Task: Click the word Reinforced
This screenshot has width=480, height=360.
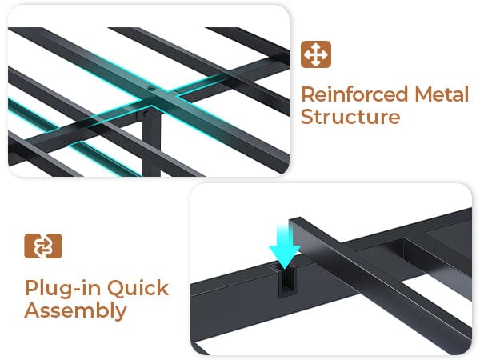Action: click(354, 94)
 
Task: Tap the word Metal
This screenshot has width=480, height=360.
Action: click(442, 94)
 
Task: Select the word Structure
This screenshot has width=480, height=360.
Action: click(350, 117)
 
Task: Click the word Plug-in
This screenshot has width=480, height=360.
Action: click(62, 289)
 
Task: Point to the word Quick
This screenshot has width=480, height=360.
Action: click(138, 288)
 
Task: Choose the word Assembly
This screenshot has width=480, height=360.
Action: click(76, 311)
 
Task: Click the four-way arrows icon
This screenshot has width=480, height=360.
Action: click(316, 54)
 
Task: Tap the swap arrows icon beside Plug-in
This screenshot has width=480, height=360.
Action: click(43, 246)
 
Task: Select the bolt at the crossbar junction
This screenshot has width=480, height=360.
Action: click(150, 89)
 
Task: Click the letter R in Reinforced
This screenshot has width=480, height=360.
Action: click(308, 94)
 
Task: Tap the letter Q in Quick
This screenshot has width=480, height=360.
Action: click(115, 288)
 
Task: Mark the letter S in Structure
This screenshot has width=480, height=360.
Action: click(306, 117)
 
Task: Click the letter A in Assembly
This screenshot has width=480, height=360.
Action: click(32, 310)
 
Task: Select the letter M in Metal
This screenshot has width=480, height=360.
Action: click(423, 94)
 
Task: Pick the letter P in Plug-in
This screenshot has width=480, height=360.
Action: click(31, 288)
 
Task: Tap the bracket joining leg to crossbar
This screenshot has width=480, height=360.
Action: click(144, 114)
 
